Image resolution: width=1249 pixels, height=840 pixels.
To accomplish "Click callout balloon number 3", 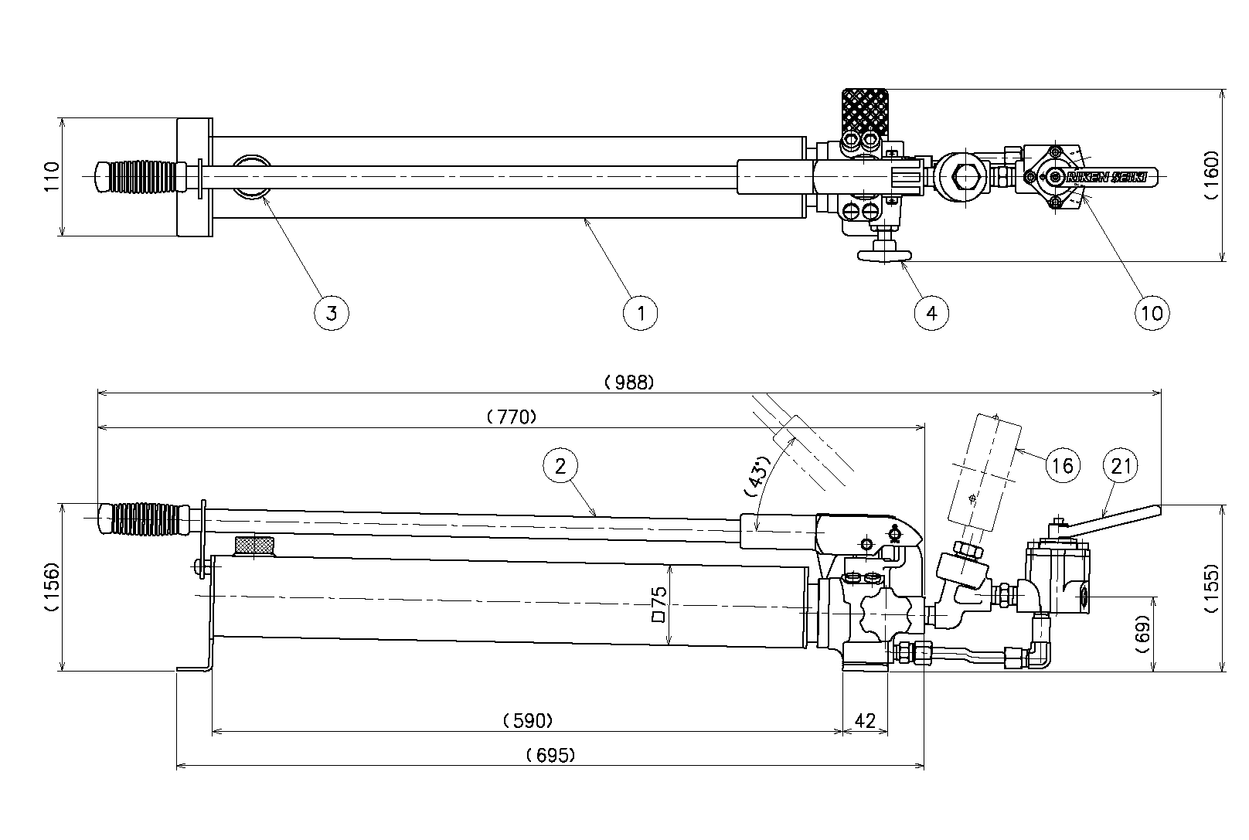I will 332,313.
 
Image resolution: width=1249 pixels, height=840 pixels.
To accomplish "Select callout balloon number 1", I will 640,313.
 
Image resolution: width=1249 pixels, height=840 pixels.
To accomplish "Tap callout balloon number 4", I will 931,313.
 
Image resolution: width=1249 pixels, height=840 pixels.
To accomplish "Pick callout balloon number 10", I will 1152,313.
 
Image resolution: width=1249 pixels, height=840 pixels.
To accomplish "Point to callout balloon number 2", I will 560,465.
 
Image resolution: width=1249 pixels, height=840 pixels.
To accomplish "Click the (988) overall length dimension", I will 629,382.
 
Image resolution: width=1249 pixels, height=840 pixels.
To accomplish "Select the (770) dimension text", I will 512,417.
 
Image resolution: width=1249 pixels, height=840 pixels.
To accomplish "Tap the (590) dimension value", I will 527,721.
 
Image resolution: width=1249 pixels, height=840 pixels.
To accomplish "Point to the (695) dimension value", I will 550,756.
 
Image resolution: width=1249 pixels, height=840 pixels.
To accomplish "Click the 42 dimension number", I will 865,721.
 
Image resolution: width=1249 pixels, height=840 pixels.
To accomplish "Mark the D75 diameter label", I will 659,604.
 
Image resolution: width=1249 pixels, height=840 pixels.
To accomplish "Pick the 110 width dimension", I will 51,177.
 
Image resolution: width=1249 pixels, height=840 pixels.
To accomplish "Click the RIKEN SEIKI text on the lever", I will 1108,177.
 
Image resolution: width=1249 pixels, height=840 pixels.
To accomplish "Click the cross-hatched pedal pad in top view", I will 866,114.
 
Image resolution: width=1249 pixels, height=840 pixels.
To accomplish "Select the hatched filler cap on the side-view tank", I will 254,546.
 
